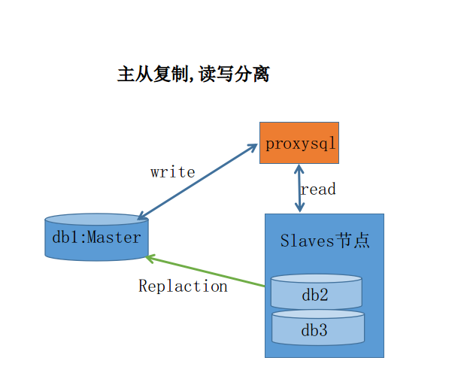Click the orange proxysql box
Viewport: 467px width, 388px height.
[299, 143]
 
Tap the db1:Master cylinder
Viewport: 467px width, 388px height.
[96, 238]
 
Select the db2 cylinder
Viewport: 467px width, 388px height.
[316, 293]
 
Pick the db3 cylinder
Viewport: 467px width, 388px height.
[317, 329]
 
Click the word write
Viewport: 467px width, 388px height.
[172, 172]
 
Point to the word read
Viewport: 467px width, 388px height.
[318, 189]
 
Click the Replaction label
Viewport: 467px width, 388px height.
[183, 286]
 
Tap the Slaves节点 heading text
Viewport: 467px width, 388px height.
[325, 241]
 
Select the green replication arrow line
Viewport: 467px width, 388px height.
[207, 271]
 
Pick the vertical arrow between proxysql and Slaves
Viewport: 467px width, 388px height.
[299, 189]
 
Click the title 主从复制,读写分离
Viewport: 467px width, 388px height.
[193, 74]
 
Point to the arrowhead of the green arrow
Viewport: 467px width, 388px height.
[150, 258]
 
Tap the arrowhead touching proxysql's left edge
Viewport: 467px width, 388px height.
[253, 146]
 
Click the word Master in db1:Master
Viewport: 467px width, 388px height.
[114, 238]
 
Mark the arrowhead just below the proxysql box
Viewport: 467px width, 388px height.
[299, 169]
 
